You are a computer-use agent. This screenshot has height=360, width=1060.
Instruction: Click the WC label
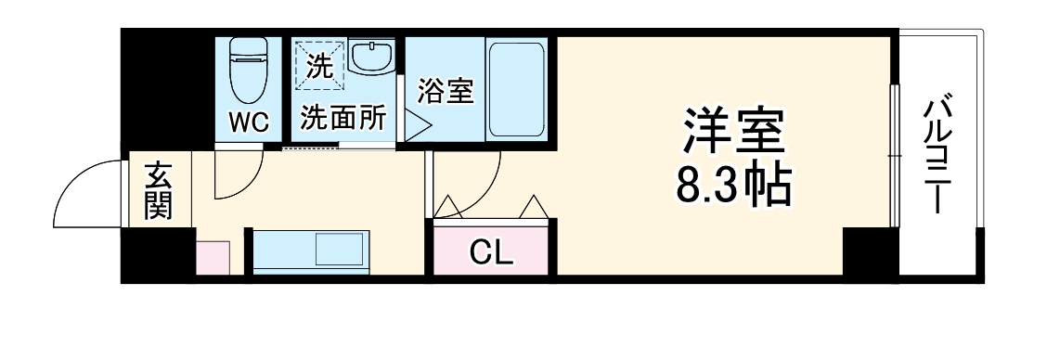point(249,121)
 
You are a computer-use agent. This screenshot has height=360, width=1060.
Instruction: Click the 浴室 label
point(446,92)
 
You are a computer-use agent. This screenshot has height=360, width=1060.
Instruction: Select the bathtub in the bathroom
point(517,88)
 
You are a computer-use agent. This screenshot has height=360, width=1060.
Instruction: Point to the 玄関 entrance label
point(158,190)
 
